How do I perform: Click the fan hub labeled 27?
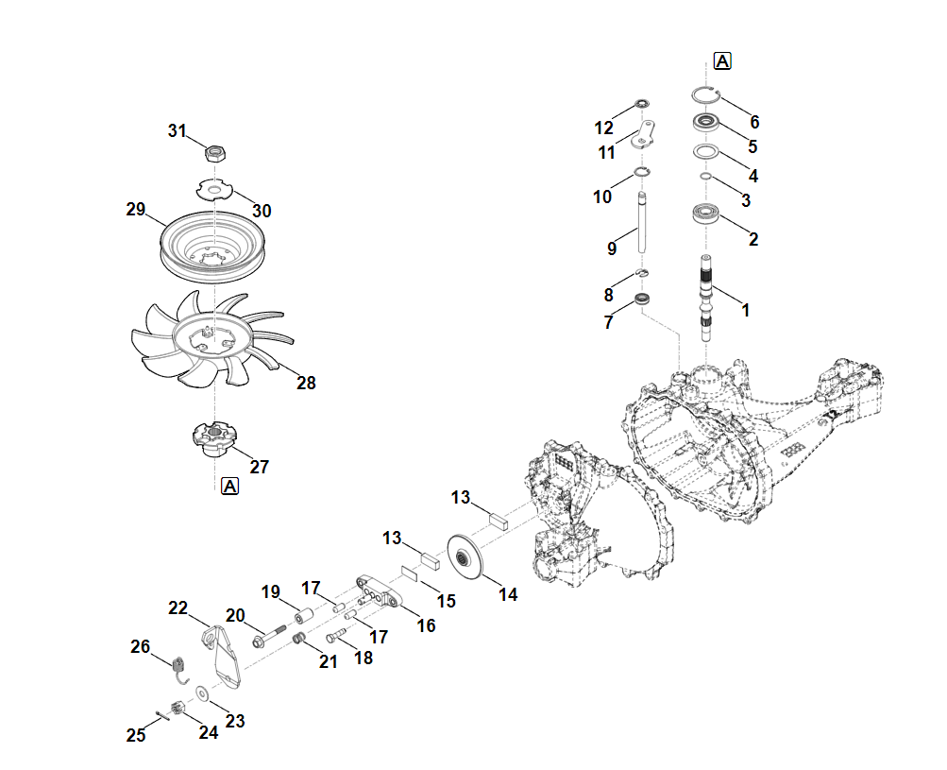(211, 438)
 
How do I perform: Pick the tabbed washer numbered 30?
(215, 190)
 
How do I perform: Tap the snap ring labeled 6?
(704, 93)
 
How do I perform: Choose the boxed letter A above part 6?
(722, 61)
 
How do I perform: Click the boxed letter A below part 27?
(229, 487)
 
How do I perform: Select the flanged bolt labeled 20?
(268, 635)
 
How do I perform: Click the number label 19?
(271, 592)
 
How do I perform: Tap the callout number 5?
(753, 146)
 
